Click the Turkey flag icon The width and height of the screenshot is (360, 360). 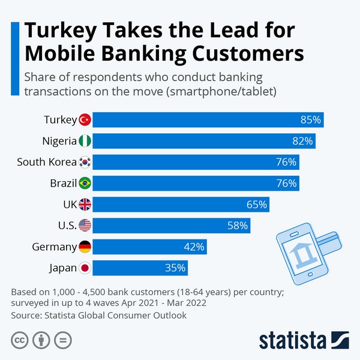click(x=85, y=119)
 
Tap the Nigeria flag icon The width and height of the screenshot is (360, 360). click(x=85, y=141)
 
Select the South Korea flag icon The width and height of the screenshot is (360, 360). click(x=85, y=162)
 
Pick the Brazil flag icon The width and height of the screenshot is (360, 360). click(x=85, y=183)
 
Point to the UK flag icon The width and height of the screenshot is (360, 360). click(x=85, y=205)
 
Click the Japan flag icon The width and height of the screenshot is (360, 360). click(x=85, y=268)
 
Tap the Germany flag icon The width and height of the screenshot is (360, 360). click(x=85, y=247)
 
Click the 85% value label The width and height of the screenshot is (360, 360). click(x=311, y=120)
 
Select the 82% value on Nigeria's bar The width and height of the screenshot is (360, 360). click(x=302, y=141)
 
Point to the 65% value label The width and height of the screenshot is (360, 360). click(x=256, y=205)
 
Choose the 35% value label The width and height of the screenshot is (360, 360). click(x=175, y=268)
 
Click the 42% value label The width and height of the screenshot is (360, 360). click(x=194, y=247)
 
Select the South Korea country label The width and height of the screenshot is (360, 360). click(x=46, y=162)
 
